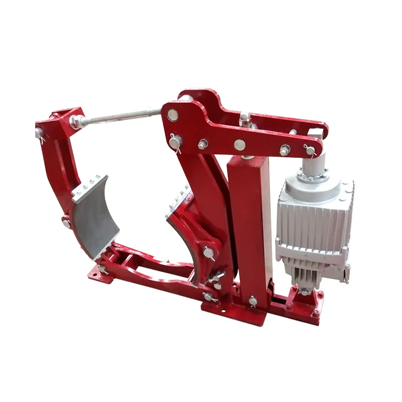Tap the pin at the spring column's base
click(x=252, y=302)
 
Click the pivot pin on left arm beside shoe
click(x=66, y=221)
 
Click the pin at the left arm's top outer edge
click(x=39, y=133)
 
